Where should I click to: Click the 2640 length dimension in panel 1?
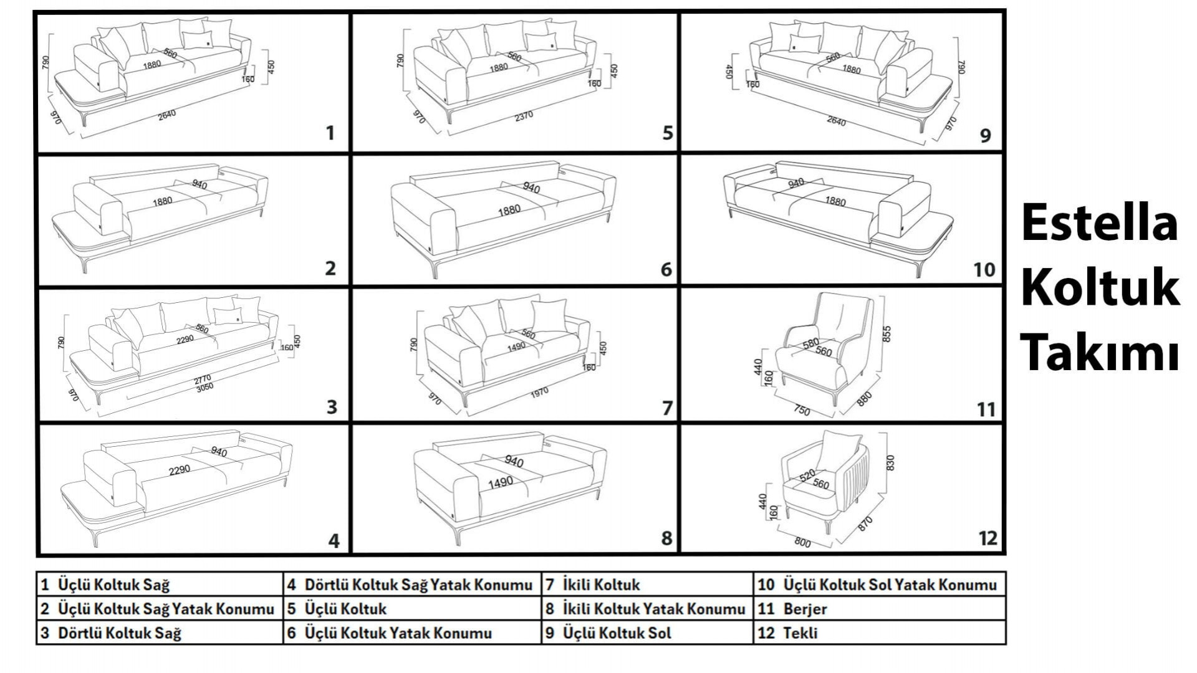pos(166,115)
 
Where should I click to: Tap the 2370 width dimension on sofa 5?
pos(524,116)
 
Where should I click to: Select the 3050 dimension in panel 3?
pos(204,387)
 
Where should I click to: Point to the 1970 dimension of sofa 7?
pos(539,391)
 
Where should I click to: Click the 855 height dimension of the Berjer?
pos(887,334)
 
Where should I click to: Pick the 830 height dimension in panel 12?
pos(890,463)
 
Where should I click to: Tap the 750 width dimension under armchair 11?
pos(802,411)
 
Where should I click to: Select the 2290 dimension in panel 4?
pos(180,470)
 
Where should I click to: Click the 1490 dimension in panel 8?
pos(501,482)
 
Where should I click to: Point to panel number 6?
pos(666,269)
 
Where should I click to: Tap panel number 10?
pos(984,269)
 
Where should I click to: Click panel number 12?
pos(988,538)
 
